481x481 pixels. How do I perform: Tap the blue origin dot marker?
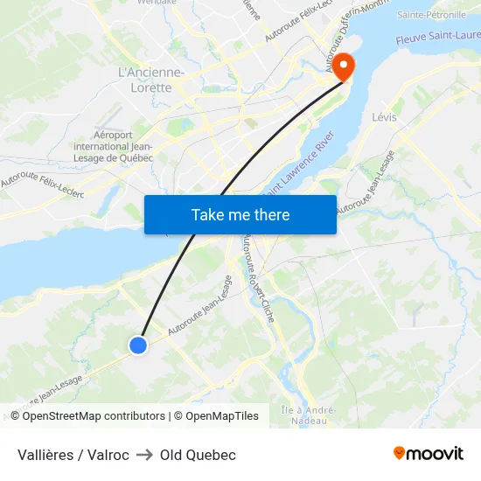pyautogui.click(x=137, y=345)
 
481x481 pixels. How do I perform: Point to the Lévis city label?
pyautogui.click(x=384, y=117)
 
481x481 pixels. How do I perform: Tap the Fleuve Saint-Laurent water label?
pyautogui.click(x=437, y=38)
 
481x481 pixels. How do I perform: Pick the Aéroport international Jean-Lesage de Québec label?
pyautogui.click(x=113, y=146)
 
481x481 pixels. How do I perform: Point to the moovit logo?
pyautogui.click(x=428, y=454)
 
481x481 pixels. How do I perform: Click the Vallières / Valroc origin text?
pyautogui.click(x=73, y=455)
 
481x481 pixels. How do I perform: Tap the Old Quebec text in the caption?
pyautogui.click(x=198, y=455)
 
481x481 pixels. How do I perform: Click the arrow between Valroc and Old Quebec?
pyautogui.click(x=144, y=455)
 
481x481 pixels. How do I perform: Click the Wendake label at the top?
pyautogui.click(x=157, y=3)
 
